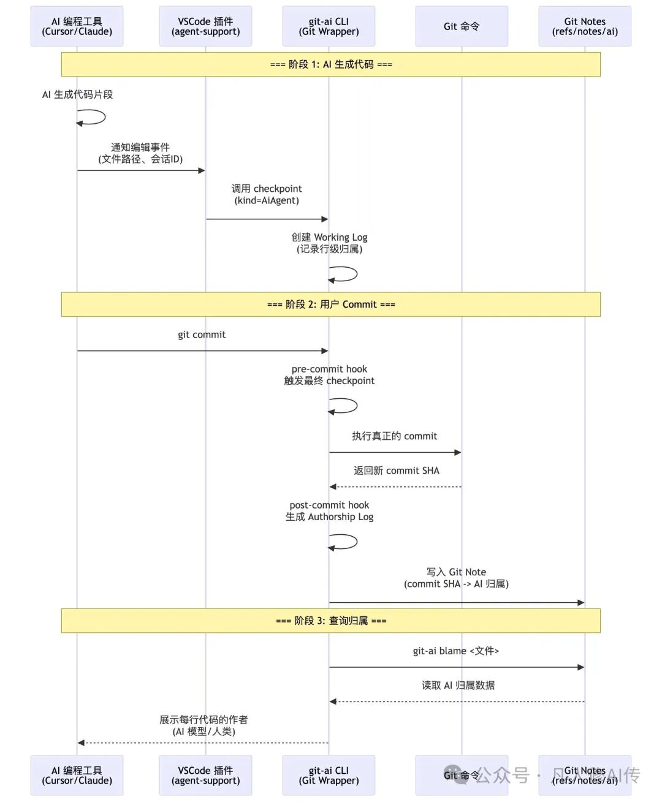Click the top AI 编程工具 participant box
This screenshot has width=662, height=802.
[77, 26]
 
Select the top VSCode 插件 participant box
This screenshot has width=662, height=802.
[205, 26]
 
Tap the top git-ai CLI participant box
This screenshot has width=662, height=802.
[329, 26]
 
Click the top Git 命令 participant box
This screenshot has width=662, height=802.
[462, 26]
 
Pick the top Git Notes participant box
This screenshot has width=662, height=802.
[585, 26]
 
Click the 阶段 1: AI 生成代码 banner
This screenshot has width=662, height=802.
[331, 64]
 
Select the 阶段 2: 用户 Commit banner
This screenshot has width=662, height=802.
[331, 305]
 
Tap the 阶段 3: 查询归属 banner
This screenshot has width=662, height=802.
[331, 621]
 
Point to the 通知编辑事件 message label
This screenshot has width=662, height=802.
[140, 153]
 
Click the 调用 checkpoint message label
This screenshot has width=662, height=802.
[267, 194]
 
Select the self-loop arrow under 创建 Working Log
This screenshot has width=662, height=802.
[344, 274]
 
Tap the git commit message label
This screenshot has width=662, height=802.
[202, 335]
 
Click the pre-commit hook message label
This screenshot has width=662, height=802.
[329, 375]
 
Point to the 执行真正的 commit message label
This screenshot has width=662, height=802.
[395, 436]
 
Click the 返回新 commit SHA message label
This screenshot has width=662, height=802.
[397, 471]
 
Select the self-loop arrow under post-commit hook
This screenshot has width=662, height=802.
[344, 542]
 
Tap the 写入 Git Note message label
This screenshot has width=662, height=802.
[457, 578]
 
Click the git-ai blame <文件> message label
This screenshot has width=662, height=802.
[456, 651]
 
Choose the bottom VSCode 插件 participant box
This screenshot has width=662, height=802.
[205, 775]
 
